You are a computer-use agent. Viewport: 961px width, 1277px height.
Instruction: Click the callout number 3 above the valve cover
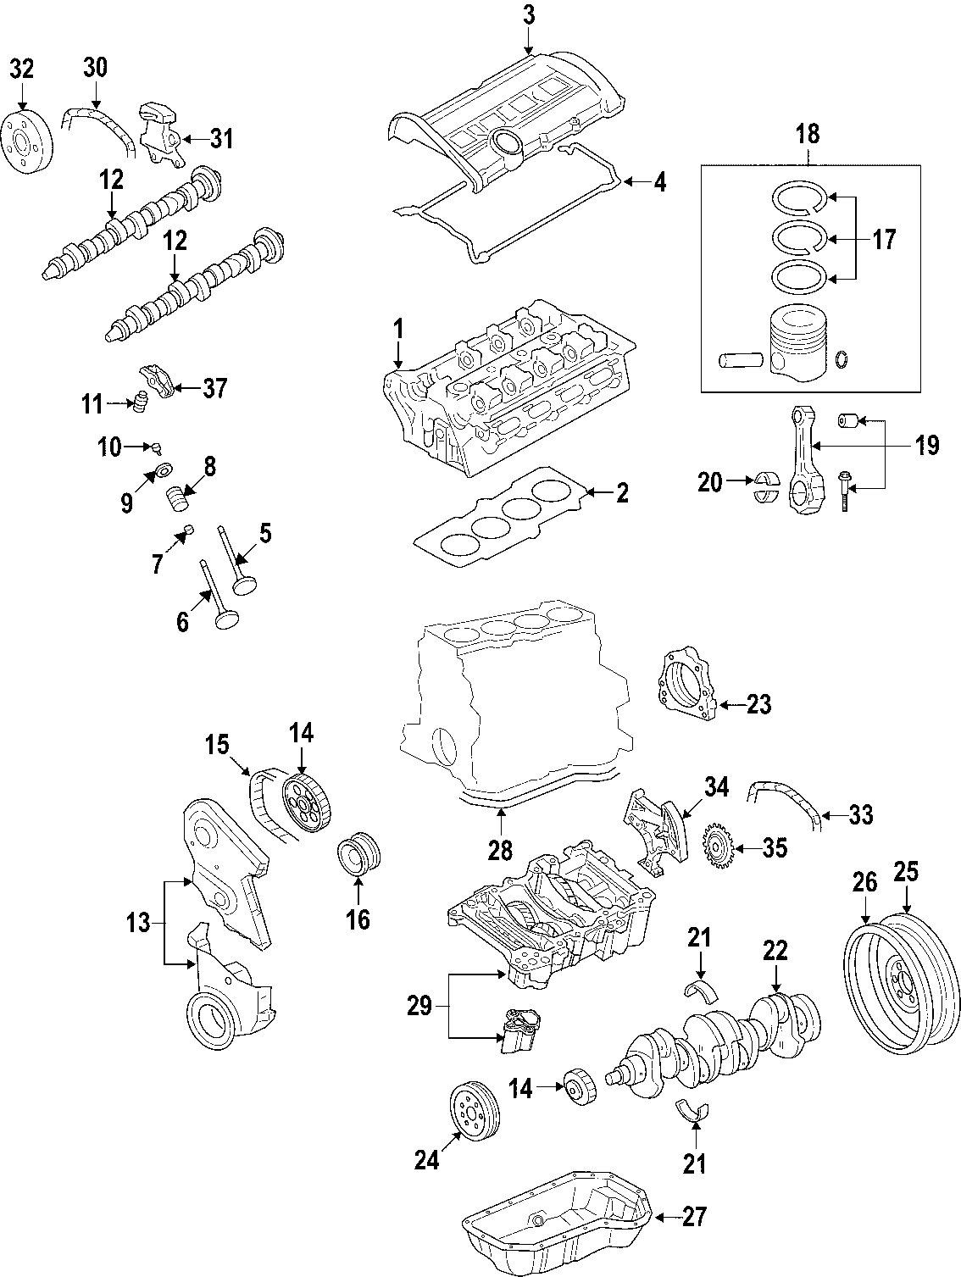coord(529,14)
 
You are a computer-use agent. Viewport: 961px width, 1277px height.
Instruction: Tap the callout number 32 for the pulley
coord(22,69)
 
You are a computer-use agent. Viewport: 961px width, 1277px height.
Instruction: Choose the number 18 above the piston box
coord(808,134)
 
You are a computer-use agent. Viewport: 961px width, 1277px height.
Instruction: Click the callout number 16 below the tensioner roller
coord(358,919)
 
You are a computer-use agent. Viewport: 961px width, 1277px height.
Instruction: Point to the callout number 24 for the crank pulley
coord(426,1160)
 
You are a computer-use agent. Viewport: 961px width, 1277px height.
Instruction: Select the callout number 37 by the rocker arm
coord(215,389)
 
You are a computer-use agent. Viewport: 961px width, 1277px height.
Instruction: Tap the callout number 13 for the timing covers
coord(139,922)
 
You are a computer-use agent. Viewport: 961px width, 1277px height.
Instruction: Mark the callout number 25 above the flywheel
coord(906,872)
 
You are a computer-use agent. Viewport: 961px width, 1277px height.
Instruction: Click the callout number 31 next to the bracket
coord(221,138)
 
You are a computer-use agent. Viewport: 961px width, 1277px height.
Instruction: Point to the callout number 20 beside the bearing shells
coord(710,483)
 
